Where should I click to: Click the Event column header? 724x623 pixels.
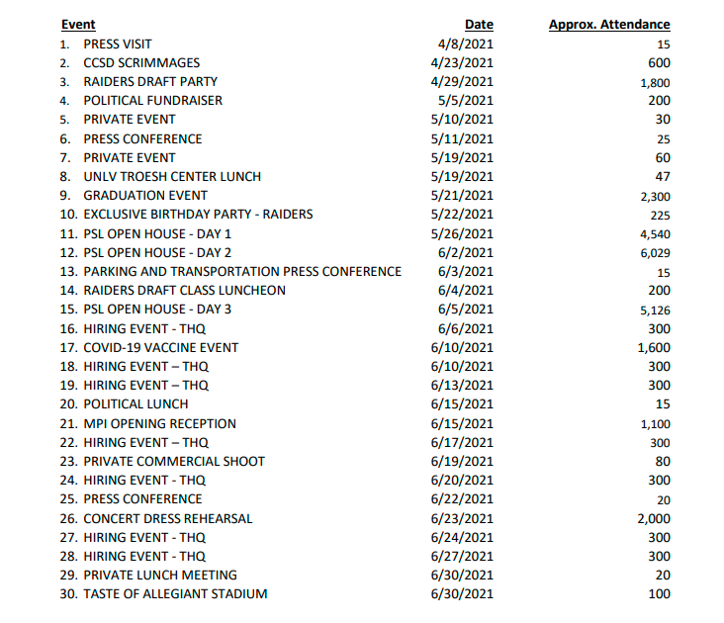pos(78,25)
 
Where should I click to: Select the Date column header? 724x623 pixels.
pos(479,25)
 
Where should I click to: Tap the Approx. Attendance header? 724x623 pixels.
pos(609,25)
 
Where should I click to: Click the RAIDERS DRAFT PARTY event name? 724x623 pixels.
pos(149,81)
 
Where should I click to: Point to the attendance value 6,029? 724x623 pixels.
pos(656,253)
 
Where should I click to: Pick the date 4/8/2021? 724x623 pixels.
pos(465,44)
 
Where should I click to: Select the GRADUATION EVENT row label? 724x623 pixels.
pos(144,196)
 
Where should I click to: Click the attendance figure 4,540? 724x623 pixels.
pos(656,234)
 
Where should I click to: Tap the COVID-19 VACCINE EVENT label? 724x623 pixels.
pos(160,348)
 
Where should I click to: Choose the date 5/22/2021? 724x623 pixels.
pos(462,215)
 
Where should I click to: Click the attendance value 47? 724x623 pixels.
pos(663,177)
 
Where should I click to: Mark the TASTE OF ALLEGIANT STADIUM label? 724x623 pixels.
pos(175,594)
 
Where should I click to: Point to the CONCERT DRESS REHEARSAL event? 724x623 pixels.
pos(167,518)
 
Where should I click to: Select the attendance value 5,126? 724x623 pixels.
pos(656,311)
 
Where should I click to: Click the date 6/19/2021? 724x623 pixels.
pos(462,462)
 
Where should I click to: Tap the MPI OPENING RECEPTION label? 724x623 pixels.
pos(159,424)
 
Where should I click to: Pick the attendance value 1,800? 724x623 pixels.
pos(656,83)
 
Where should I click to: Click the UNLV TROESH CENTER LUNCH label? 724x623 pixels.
pos(171,177)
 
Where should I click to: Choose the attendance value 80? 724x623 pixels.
pos(663,462)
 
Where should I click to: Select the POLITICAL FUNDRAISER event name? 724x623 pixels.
pos(152,101)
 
